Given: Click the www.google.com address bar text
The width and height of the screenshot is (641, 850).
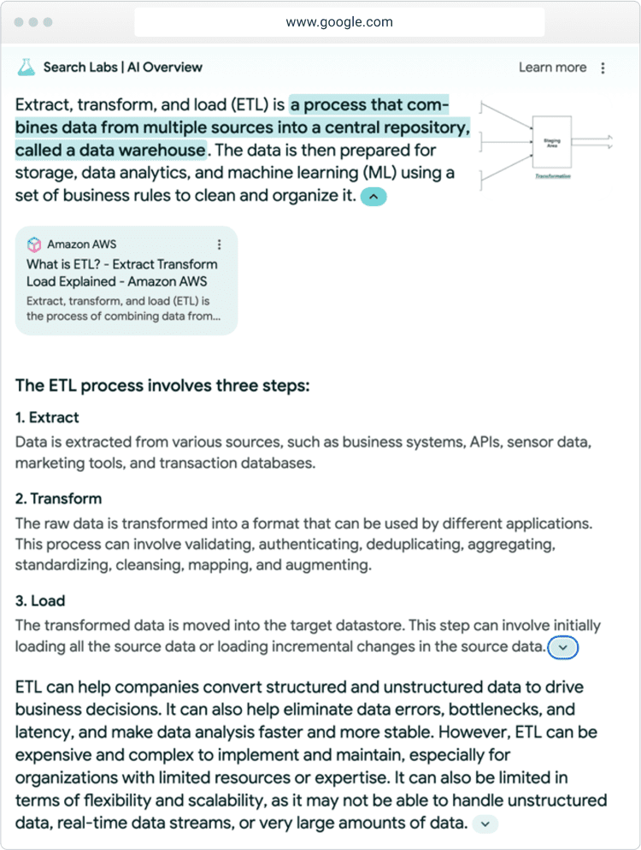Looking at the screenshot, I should click(339, 22).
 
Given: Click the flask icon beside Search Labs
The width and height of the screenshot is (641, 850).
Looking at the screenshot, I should click(26, 67).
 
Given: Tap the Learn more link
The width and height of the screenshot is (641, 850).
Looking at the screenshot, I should click(552, 68).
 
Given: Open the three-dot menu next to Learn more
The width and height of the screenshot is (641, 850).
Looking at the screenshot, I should click(603, 68).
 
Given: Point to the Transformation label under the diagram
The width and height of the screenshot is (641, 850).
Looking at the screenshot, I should click(552, 175).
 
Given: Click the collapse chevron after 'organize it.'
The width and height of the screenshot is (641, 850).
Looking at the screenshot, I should click(373, 197).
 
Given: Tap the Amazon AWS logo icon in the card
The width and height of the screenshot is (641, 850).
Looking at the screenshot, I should click(34, 245).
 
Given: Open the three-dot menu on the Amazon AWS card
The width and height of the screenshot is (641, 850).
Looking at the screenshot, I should click(220, 245).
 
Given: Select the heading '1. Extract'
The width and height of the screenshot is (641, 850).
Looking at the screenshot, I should click(47, 417).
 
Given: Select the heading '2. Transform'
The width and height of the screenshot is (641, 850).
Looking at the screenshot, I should click(58, 499).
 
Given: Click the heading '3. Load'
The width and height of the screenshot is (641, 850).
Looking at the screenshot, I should click(40, 600).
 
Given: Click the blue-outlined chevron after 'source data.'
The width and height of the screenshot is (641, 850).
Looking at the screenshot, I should click(562, 647).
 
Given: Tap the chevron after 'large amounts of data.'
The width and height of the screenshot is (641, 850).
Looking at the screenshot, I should click(485, 824).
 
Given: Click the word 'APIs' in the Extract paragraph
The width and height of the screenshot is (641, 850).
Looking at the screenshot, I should click(485, 443).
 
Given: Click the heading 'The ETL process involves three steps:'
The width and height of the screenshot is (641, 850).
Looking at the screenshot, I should click(162, 386).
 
